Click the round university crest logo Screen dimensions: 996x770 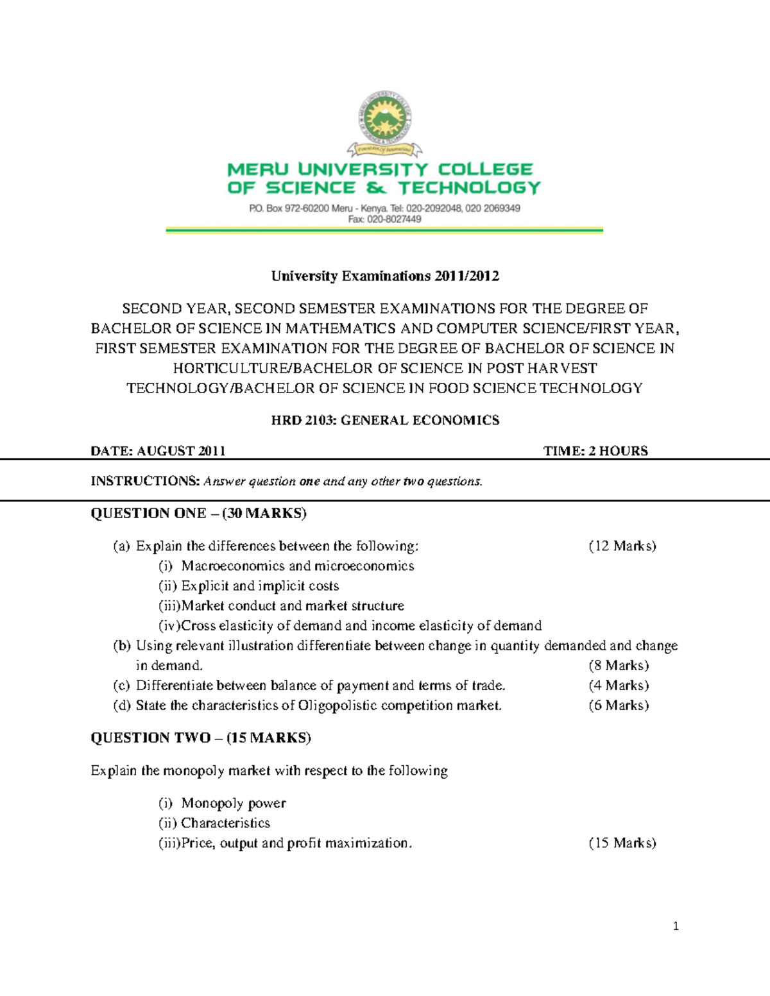tap(385, 117)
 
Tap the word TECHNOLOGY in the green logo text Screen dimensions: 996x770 tap(470, 188)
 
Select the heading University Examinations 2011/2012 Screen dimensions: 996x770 tap(385, 276)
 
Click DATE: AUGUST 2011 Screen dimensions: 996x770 tap(158, 451)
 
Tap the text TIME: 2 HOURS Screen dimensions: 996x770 tap(595, 451)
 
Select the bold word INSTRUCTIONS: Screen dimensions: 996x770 tap(145, 481)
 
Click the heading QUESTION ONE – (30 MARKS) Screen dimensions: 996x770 tap(198, 513)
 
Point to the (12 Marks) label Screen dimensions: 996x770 tap(622, 546)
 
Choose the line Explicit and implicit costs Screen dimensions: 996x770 tap(259, 586)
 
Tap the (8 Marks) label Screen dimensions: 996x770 tap(619, 666)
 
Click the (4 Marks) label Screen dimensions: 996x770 tap(619, 686)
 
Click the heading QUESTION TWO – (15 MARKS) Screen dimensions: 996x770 tap(200, 738)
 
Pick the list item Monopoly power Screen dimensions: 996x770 tap(233, 804)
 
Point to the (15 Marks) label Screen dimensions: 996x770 tap(622, 843)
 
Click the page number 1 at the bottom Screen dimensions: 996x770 tap(676, 926)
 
